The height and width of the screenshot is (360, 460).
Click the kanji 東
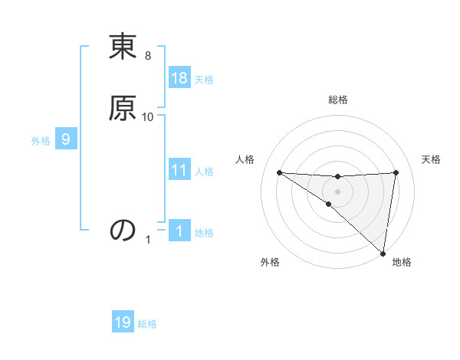tap(123, 48)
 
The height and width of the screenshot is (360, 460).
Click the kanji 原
tap(123, 108)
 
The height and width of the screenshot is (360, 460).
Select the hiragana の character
tap(123, 231)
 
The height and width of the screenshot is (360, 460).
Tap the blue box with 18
tap(179, 78)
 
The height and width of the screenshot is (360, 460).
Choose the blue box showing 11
tap(179, 170)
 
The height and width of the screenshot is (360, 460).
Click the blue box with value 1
tap(179, 231)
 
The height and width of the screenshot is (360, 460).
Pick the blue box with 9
tap(66, 139)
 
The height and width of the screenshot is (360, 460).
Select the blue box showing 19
tap(123, 322)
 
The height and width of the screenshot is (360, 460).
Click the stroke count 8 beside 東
tap(148, 57)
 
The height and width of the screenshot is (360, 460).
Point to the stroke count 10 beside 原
tap(148, 116)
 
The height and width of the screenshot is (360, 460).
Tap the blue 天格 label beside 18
tap(204, 79)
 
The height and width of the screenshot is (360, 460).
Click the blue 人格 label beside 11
tap(204, 171)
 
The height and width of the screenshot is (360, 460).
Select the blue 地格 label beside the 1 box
tap(204, 232)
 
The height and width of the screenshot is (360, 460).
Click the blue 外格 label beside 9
tap(41, 140)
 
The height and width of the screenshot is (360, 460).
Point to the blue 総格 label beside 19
tap(147, 323)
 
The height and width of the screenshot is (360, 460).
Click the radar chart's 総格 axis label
tap(338, 100)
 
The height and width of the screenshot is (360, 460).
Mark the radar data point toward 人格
tap(279, 172)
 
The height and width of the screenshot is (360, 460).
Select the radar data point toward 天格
tap(396, 172)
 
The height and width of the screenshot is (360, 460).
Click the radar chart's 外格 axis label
tap(270, 262)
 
